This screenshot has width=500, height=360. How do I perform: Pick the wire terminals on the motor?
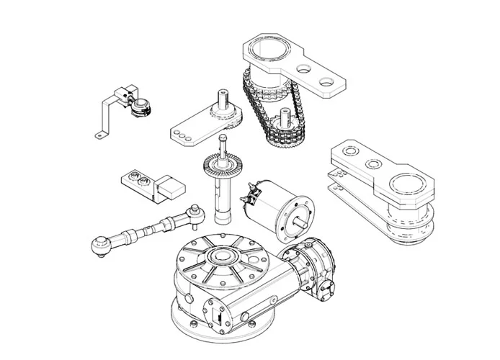point(253,192)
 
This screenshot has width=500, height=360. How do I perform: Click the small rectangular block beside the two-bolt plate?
point(171,189)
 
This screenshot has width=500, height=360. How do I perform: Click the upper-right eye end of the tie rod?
point(192,210)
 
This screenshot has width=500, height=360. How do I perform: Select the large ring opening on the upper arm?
point(267,52)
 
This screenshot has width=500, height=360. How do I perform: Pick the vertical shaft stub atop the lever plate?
point(223,99)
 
